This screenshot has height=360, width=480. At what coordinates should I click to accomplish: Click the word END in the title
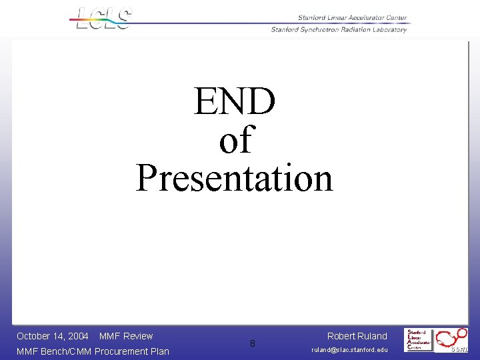tap(234, 102)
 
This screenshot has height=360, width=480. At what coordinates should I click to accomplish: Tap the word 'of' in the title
tap(235, 140)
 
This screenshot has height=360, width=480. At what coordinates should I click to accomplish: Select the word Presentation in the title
tap(234, 179)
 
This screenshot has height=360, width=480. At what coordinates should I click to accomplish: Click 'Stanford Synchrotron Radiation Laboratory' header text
tap(338, 29)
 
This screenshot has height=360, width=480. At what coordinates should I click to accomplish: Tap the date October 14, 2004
tap(52, 336)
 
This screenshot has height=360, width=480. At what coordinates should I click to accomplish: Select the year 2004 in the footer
tap(78, 336)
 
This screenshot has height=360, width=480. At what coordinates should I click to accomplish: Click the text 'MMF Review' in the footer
tap(126, 336)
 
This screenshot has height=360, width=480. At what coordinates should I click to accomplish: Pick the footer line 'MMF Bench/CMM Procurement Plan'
tap(93, 351)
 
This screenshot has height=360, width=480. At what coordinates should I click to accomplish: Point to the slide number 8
tap(252, 344)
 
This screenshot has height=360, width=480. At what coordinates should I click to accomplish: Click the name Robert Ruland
tap(357, 336)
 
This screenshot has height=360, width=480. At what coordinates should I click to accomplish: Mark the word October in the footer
tap(33, 336)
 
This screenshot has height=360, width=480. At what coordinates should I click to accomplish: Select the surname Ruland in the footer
tap(372, 336)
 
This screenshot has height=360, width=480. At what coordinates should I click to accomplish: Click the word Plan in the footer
tap(159, 351)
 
